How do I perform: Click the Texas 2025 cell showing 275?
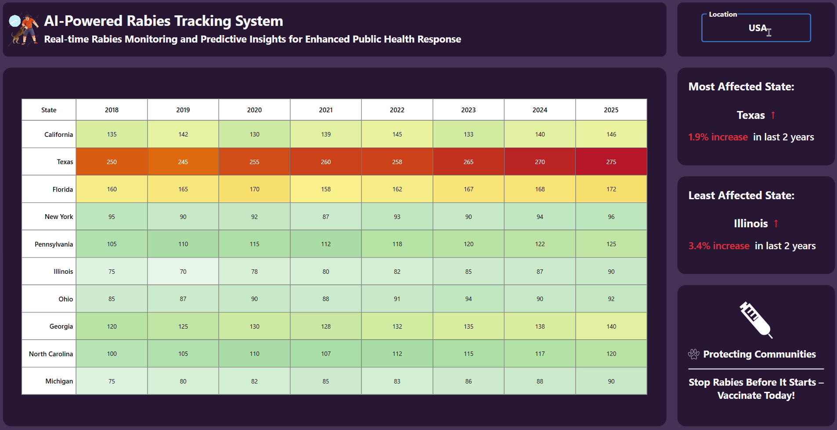coord(611,162)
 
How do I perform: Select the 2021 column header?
coord(325,110)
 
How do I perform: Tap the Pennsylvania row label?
coord(54,244)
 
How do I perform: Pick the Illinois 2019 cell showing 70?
coord(183,272)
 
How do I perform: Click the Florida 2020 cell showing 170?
coord(254,189)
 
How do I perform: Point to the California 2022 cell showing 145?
coord(397,134)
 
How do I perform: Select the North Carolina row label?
coord(51,354)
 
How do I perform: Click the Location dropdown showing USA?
coord(756,28)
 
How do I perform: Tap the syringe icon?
coord(755,320)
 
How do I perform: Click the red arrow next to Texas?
coord(773,115)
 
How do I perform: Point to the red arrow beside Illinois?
coord(776,223)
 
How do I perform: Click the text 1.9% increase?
coord(718,137)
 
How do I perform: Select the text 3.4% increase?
coord(719,246)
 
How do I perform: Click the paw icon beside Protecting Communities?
coord(694,354)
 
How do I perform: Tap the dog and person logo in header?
coord(23,29)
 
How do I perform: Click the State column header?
coord(49,110)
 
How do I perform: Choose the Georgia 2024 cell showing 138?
coord(540,326)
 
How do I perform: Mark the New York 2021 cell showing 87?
coord(325,217)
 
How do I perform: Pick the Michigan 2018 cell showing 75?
coord(112,381)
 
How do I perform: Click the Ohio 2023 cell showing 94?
coord(468,299)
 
